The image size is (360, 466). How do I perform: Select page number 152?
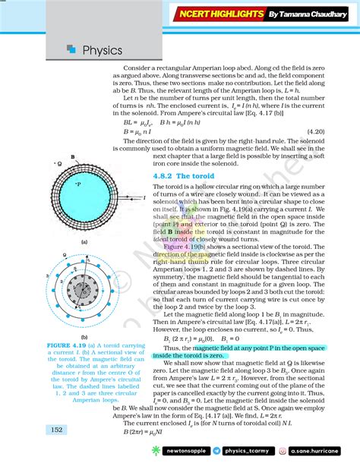tap(57, 430)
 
